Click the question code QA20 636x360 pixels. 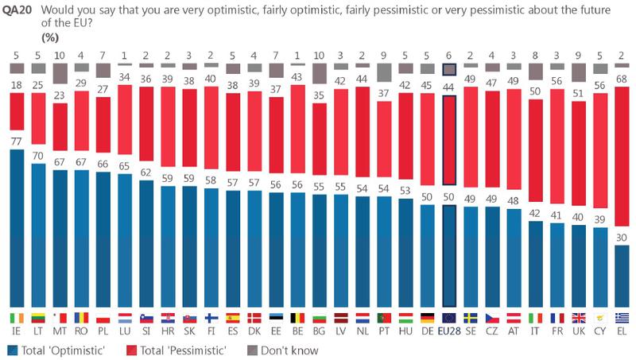click(x=19, y=9)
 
